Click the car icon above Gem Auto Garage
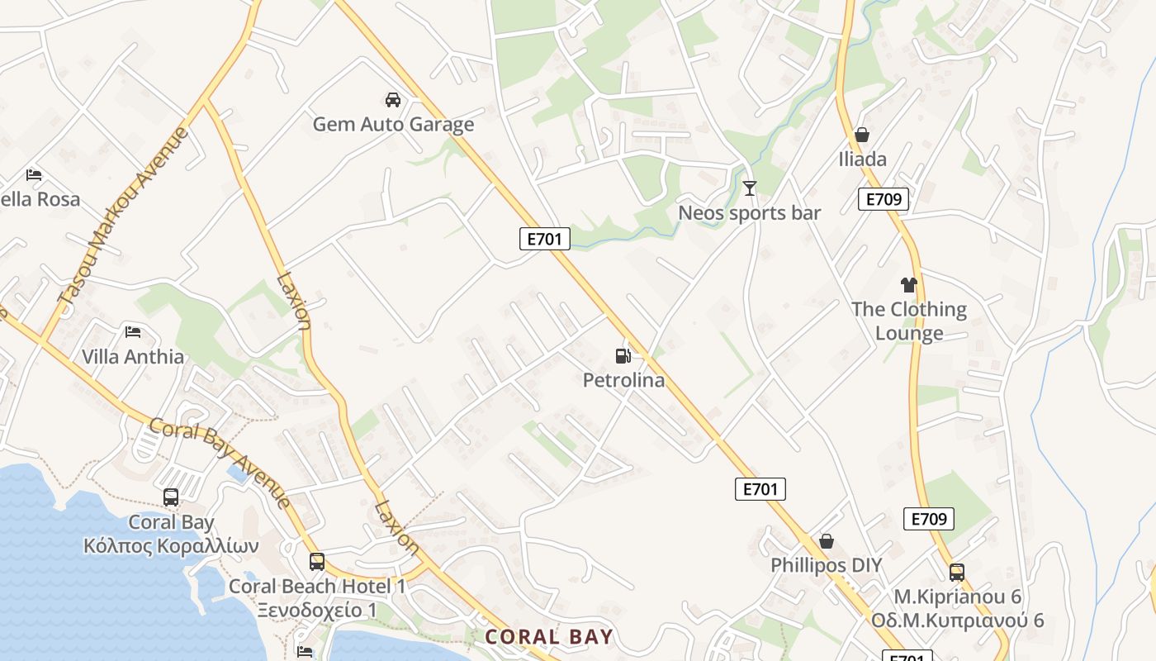coord(393,100)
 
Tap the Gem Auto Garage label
coord(393,125)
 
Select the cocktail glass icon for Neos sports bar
coord(749,188)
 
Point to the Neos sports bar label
coord(749,213)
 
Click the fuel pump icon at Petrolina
coord(623,356)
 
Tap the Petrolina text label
coord(623,381)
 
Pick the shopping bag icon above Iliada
coord(862,135)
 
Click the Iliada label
coord(862,159)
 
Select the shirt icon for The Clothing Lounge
coord(909,285)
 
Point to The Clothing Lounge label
coord(909,321)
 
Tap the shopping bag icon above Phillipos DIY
coord(826,541)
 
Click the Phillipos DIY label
coord(826,566)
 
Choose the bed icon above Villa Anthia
coord(133,332)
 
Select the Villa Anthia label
coord(133,357)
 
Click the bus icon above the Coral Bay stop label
coord(171,497)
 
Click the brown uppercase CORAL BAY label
coord(549,637)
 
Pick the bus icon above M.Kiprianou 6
coord(956,572)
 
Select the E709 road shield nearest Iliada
coord(883,199)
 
